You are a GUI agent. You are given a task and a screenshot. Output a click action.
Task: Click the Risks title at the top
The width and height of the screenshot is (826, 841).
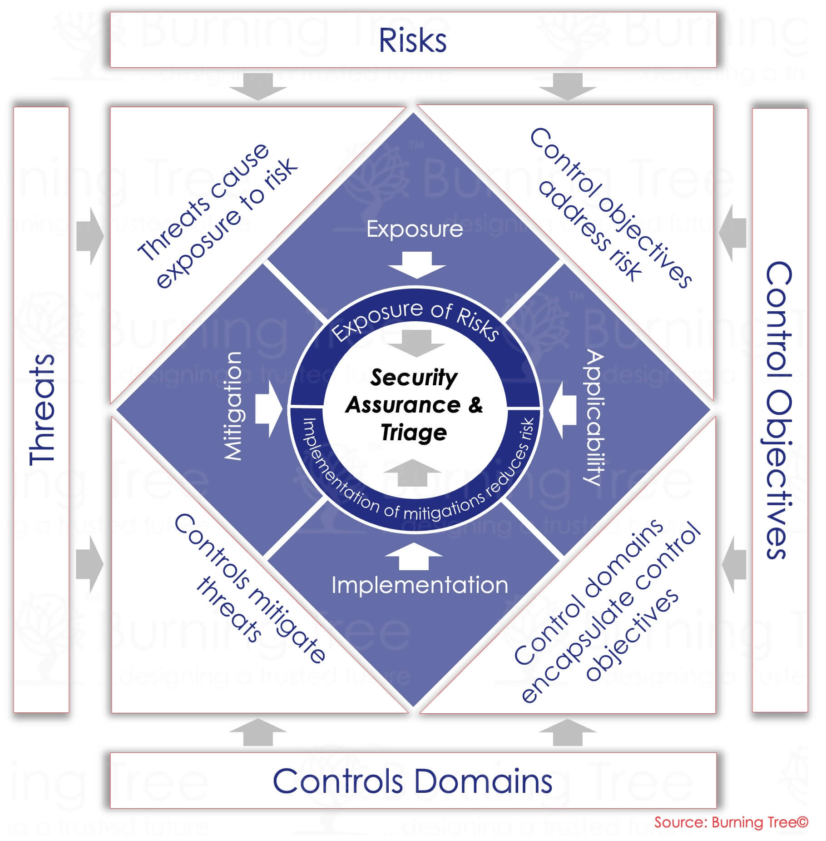[x=412, y=40]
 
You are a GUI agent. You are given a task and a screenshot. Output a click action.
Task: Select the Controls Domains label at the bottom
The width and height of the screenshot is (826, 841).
[x=412, y=781]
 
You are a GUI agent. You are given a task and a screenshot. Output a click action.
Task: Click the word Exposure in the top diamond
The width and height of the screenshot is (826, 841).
[x=415, y=229]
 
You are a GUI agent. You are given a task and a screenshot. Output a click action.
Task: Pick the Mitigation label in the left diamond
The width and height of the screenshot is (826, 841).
[x=233, y=406]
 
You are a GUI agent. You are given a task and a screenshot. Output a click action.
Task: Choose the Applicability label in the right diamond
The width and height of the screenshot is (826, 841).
[x=594, y=417]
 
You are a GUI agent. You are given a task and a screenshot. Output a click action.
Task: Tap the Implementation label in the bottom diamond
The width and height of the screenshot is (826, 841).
[x=420, y=585]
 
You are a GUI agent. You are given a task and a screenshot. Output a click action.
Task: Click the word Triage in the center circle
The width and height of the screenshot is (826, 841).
[x=414, y=432]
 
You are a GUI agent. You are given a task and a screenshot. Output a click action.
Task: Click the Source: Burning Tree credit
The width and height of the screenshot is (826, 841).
[x=731, y=822]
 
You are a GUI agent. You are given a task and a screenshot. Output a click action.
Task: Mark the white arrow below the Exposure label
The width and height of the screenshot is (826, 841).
[x=416, y=265]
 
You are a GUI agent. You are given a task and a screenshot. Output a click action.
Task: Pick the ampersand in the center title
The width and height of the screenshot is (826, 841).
[x=475, y=404]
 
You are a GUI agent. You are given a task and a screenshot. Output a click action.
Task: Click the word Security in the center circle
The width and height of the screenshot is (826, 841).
[x=414, y=378]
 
